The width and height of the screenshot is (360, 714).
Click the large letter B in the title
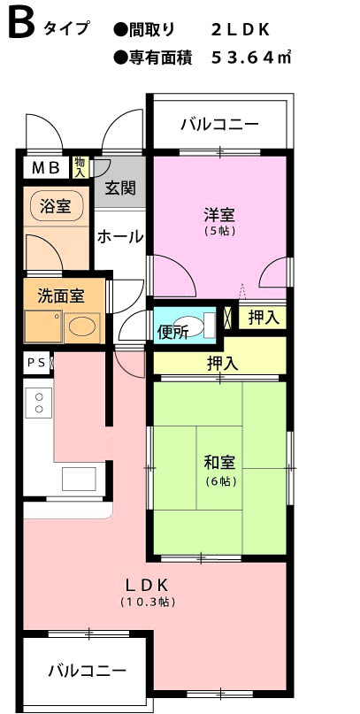(21, 25)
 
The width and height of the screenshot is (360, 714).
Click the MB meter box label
(45, 168)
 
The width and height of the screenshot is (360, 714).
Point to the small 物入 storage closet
(80, 167)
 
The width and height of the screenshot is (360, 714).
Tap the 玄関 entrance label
(120, 188)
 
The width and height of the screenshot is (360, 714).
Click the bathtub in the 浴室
(57, 207)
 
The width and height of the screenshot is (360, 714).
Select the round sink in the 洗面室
(82, 326)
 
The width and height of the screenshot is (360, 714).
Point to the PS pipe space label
(36, 363)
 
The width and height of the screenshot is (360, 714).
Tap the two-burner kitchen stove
(39, 403)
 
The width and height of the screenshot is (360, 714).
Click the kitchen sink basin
(79, 479)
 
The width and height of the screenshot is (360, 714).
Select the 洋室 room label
(219, 214)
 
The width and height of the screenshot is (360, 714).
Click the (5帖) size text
(219, 231)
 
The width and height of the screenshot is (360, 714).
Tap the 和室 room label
(219, 463)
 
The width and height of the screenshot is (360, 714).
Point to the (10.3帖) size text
(148, 602)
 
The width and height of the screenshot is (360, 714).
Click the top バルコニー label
(220, 124)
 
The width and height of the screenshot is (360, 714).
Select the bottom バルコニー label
(88, 671)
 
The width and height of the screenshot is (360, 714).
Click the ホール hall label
(120, 237)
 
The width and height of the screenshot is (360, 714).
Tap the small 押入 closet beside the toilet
(263, 318)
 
